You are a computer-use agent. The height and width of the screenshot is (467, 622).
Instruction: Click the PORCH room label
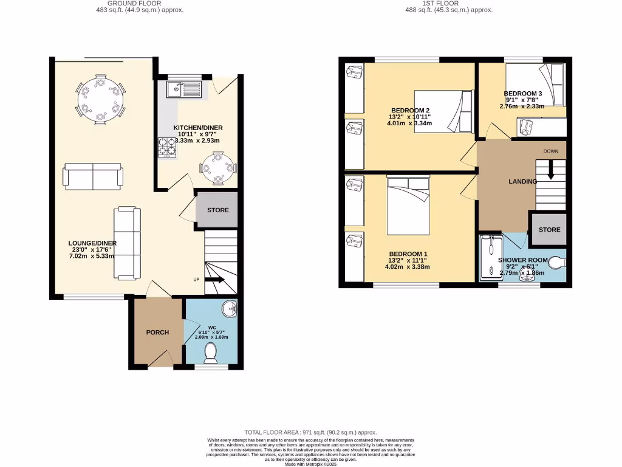(x=157, y=332)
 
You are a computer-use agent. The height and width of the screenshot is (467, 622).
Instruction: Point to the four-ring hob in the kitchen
(x=166, y=148)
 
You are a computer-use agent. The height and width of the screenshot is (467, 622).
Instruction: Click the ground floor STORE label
(x=217, y=210)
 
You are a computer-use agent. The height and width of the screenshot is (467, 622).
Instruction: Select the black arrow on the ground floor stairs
(x=215, y=280)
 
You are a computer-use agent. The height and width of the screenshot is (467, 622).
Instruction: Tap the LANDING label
(x=522, y=181)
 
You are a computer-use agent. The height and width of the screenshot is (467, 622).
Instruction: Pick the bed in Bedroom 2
(x=443, y=111)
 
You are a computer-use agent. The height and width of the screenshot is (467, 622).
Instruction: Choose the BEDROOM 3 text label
(x=523, y=94)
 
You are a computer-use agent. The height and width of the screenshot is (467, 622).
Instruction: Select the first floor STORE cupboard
(x=549, y=229)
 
